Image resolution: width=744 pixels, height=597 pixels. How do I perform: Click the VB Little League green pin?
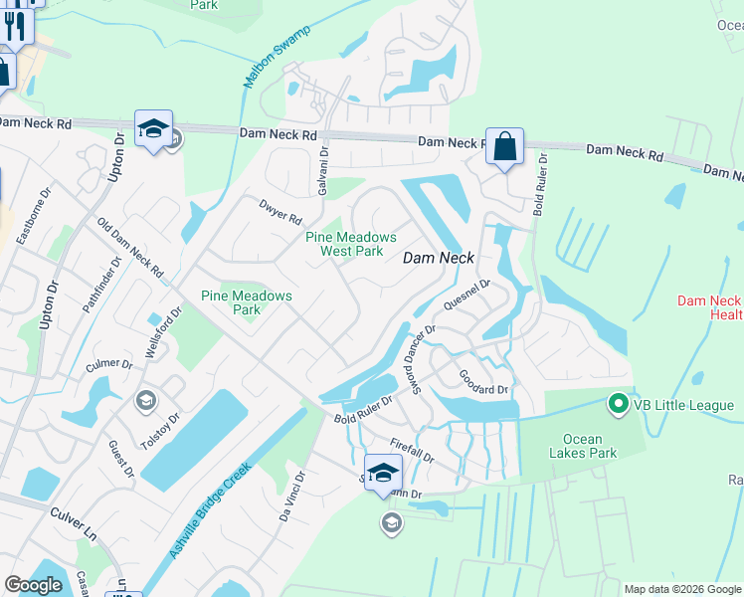pyautogui.click(x=617, y=404)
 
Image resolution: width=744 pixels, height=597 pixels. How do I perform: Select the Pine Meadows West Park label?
pyautogui.click(x=351, y=244)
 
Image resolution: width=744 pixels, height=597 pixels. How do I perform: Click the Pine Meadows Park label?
pyautogui.click(x=247, y=302)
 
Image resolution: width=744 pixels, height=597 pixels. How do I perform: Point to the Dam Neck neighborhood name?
pyautogui.click(x=438, y=258)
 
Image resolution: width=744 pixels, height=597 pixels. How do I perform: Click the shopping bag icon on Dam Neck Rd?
pyautogui.click(x=504, y=147)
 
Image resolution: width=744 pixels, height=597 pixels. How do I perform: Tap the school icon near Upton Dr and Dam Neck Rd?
pyautogui.click(x=154, y=129)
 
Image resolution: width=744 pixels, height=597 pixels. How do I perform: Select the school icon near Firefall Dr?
pyautogui.click(x=382, y=473)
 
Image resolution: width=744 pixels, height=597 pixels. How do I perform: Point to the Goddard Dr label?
pyautogui.click(x=483, y=381)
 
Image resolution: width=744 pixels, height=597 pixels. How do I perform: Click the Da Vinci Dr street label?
pyautogui.click(x=290, y=497)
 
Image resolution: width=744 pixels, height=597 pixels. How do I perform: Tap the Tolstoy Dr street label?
pyautogui.click(x=163, y=434)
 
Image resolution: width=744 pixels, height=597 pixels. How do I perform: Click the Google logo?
pyautogui.click(x=33, y=585)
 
